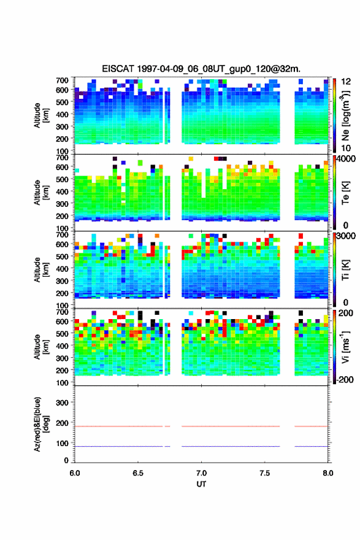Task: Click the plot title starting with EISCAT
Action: click(201, 69)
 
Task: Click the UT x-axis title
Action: click(201, 484)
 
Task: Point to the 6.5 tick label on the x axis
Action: click(138, 473)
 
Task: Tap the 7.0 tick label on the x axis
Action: click(201, 473)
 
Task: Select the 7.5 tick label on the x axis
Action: click(265, 473)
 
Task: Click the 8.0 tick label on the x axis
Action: click(328, 473)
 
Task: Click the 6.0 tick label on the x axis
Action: click(75, 473)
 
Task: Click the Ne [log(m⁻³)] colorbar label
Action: click(345, 115)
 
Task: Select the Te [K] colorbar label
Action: click(345, 193)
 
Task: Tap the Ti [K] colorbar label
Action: click(345, 269)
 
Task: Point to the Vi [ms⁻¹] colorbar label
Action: click(345, 347)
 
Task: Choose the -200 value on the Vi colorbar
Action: click(343, 379)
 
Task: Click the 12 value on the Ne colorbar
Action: click(346, 82)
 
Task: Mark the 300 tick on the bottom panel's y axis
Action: click(62, 403)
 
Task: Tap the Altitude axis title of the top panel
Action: click(41, 115)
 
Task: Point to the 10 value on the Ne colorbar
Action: click(346, 148)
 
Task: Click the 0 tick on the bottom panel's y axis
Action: click(66, 460)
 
